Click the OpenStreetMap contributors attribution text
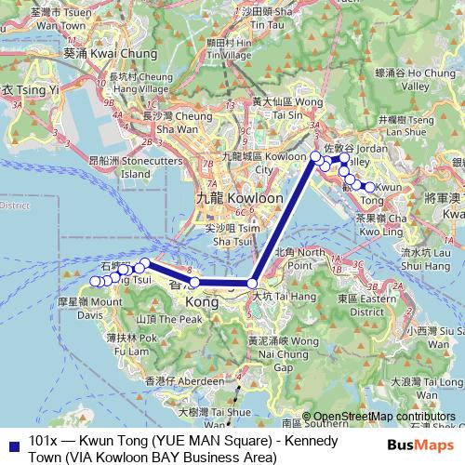pyautogui.click(x=385, y=416)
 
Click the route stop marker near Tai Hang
pyautogui.click(x=252, y=283)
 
